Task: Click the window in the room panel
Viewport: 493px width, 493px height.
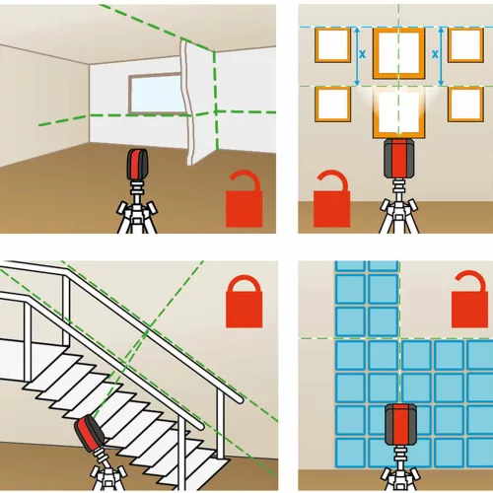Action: click(x=155, y=95)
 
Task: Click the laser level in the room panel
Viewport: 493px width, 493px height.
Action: click(x=137, y=165)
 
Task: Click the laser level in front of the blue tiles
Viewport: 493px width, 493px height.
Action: click(x=400, y=425)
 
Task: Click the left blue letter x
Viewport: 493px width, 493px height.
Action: click(x=362, y=54)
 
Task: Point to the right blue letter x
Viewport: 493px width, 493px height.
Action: click(x=435, y=54)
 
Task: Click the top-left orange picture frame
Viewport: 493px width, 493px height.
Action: click(x=332, y=45)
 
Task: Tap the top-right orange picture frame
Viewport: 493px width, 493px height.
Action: click(x=465, y=45)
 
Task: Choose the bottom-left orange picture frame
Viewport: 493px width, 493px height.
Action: click(x=332, y=104)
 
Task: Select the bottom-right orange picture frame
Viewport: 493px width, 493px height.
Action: click(x=465, y=104)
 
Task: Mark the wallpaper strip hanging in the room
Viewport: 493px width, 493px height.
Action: click(x=190, y=102)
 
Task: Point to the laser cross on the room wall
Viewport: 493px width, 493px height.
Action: click(x=215, y=111)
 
